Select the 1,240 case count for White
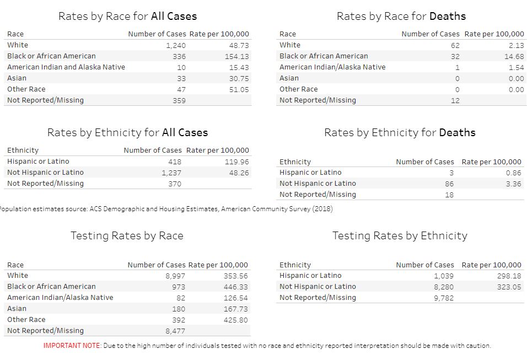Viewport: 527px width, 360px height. (x=175, y=45)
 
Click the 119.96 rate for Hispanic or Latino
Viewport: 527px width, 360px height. (x=237, y=162)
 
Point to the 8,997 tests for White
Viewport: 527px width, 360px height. (x=175, y=276)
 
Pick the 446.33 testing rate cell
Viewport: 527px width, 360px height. (x=235, y=287)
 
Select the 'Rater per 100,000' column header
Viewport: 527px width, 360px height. (x=217, y=150)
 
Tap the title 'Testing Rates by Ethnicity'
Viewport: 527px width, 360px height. (x=400, y=236)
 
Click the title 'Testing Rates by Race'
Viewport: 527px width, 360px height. (x=127, y=236)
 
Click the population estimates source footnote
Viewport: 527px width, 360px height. (x=165, y=209)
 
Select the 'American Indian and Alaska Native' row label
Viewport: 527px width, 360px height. (x=66, y=67)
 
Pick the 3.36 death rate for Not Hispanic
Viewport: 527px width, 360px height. (x=513, y=184)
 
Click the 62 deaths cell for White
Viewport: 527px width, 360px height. (x=454, y=45)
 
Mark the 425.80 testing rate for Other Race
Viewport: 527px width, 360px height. (x=235, y=320)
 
